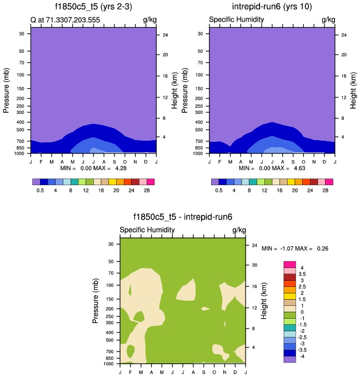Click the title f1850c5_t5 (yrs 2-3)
(93, 7)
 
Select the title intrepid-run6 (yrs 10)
(272, 7)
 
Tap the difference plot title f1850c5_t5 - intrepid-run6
(182, 217)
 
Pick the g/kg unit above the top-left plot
(149, 20)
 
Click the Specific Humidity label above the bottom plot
(147, 230)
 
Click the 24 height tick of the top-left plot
(165, 35)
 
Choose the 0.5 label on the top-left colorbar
(40, 190)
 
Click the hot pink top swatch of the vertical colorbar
(289, 264)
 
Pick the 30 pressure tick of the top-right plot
(199, 34)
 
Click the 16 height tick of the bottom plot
(254, 286)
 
